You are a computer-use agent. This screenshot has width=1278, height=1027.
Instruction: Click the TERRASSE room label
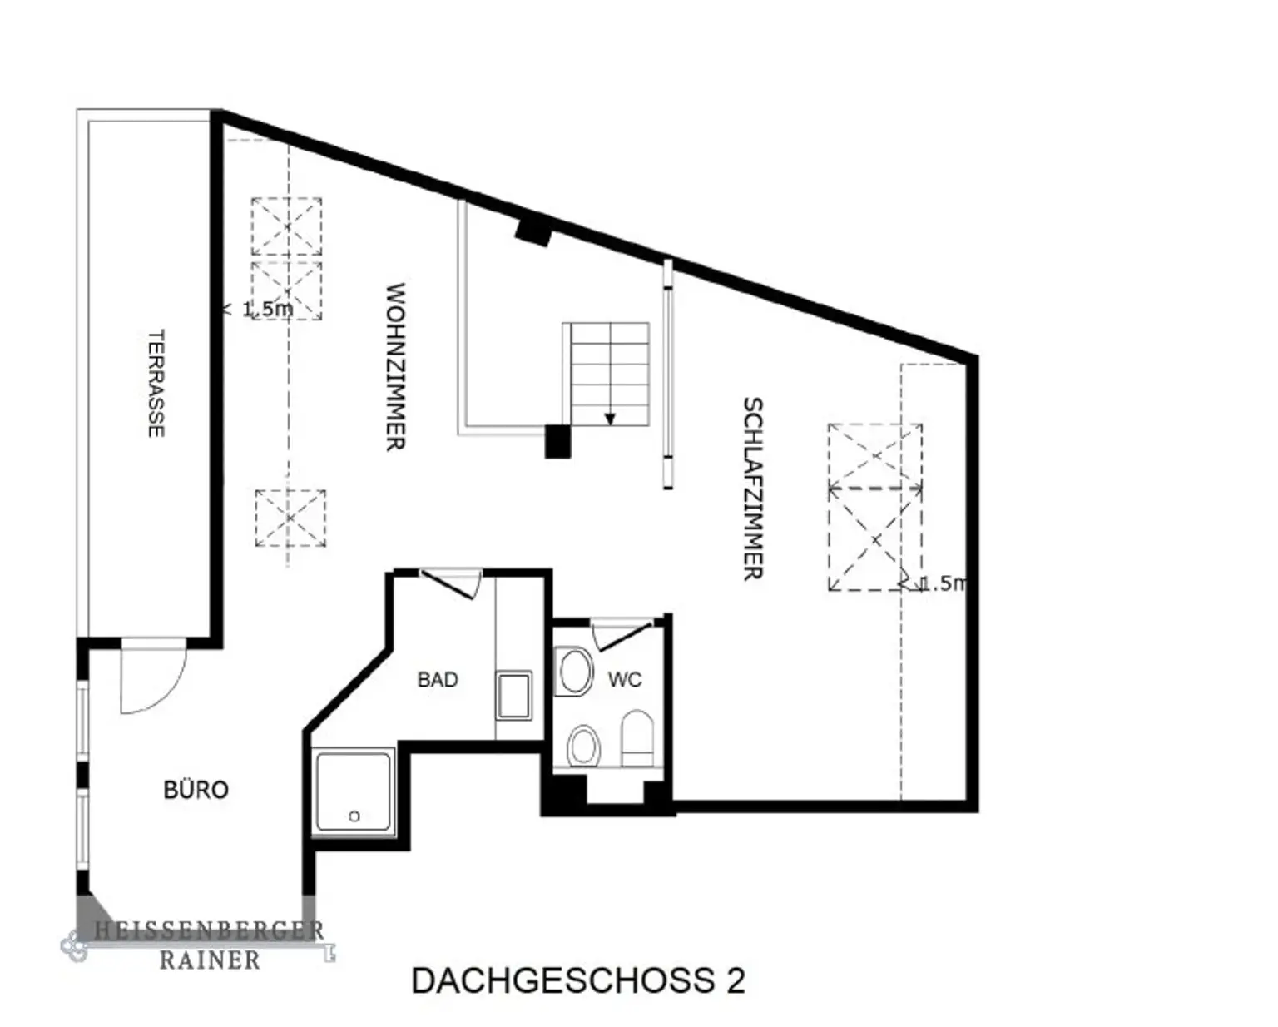pyautogui.click(x=156, y=384)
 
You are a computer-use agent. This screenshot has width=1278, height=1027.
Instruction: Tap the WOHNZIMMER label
pyautogui.click(x=395, y=366)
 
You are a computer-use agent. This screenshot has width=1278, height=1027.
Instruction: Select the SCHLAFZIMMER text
pyautogui.click(x=753, y=489)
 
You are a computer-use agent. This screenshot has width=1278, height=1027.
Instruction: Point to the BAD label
pyautogui.click(x=438, y=679)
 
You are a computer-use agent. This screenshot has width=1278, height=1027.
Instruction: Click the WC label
pyautogui.click(x=625, y=679)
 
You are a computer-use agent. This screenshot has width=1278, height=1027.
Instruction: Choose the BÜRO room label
pyautogui.click(x=196, y=790)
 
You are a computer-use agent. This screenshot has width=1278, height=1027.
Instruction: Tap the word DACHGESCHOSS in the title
pyautogui.click(x=563, y=980)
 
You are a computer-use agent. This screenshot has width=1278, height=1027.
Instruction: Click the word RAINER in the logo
pyautogui.click(x=210, y=960)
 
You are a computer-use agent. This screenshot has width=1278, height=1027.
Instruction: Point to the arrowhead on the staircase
pyautogui.click(x=610, y=419)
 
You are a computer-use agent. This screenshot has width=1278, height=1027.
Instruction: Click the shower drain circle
pyautogui.click(x=354, y=816)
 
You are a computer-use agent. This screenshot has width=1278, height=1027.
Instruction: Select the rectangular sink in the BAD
pyautogui.click(x=514, y=695)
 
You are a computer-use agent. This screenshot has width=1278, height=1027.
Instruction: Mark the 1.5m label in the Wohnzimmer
pyautogui.click(x=267, y=309)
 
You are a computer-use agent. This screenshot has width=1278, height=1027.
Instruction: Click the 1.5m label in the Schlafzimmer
pyautogui.click(x=944, y=583)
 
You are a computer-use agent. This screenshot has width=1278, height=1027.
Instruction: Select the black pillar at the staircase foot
pyautogui.click(x=557, y=441)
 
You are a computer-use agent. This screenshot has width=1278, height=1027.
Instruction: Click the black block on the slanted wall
pyautogui.click(x=533, y=232)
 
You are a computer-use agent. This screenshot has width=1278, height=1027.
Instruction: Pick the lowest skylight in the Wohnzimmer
pyautogui.click(x=290, y=518)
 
